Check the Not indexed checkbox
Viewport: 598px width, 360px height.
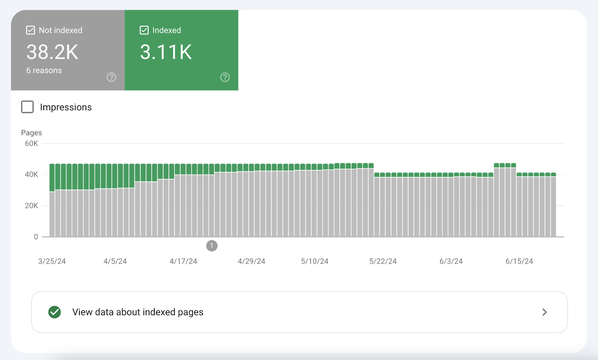(31, 30)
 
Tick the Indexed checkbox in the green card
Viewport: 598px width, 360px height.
(144, 30)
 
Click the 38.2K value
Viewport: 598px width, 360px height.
(52, 52)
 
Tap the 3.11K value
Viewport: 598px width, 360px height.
(166, 52)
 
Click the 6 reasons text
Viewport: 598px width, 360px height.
(44, 70)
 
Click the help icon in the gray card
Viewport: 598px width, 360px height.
(111, 77)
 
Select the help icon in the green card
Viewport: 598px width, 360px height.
(225, 77)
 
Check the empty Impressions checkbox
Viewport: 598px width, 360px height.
(27, 107)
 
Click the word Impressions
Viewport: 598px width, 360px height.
(66, 107)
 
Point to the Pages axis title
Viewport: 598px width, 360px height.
(31, 133)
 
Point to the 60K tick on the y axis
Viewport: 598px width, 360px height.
(31, 144)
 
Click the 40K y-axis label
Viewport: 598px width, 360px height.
(31, 175)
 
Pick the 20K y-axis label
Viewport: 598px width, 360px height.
(31, 206)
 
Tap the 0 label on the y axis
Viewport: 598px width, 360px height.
(36, 237)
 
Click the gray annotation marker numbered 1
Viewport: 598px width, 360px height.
(212, 246)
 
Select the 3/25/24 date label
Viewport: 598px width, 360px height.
(52, 261)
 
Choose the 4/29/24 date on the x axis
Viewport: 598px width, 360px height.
(252, 261)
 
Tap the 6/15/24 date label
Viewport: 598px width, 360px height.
(519, 261)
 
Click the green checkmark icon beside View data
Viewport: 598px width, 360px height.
(55, 312)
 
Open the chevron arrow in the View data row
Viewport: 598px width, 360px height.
(545, 312)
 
